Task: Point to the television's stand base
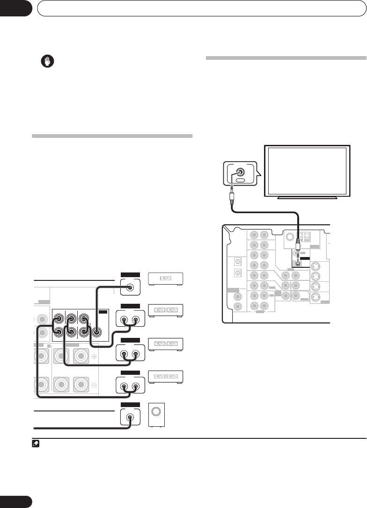pyautogui.click(x=307, y=198)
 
